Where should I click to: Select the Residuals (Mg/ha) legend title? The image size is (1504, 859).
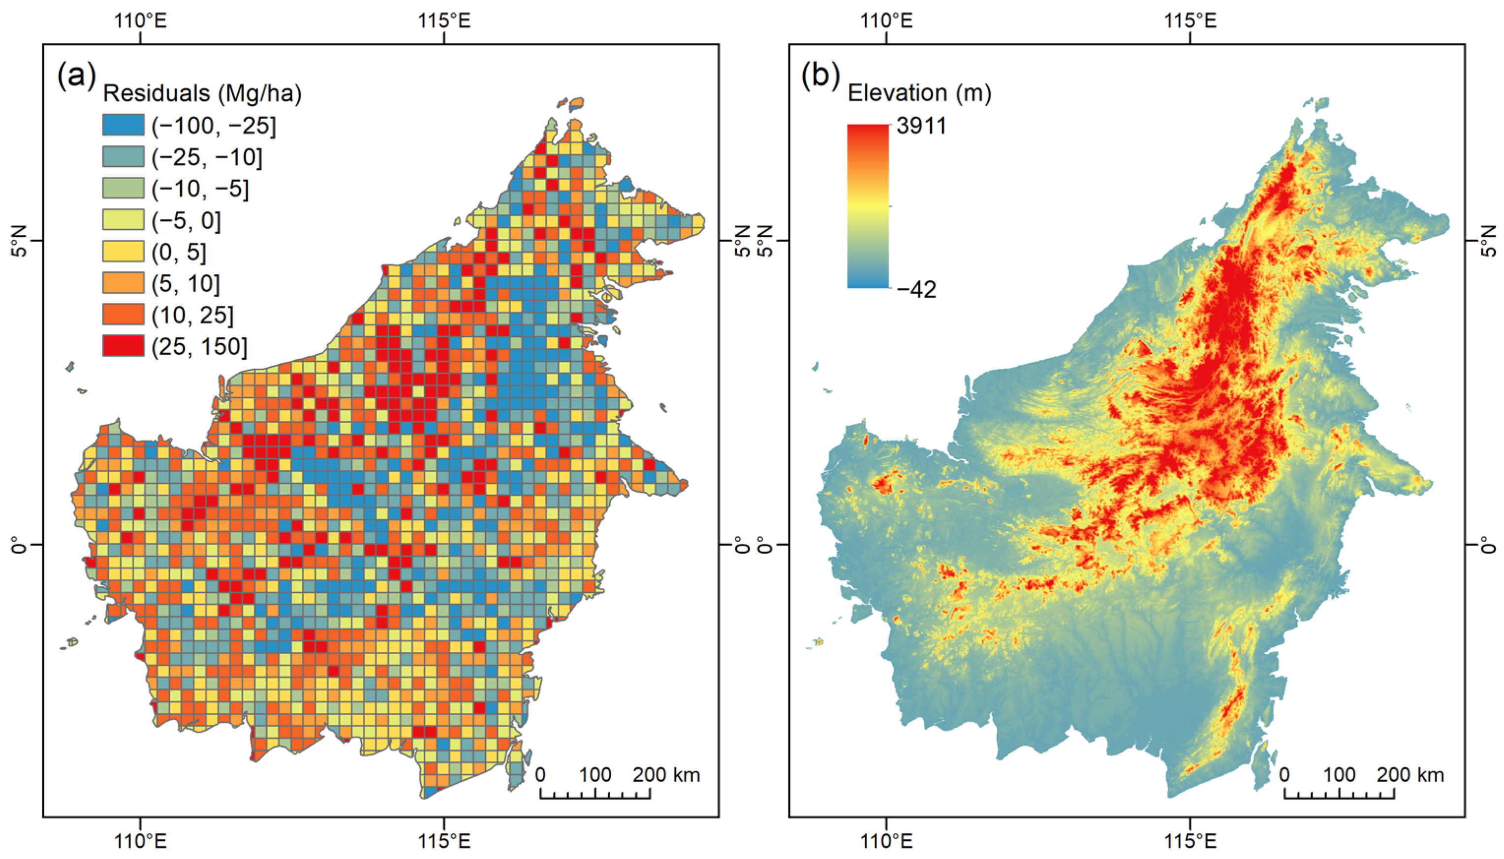point(202,93)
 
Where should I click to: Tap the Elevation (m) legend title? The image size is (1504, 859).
point(919,93)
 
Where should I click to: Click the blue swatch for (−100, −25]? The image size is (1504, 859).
point(123,125)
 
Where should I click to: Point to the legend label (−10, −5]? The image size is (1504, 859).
point(200,189)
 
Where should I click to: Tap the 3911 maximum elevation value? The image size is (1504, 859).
point(921,126)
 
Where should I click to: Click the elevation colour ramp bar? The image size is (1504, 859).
point(868,206)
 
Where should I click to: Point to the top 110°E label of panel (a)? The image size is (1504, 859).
point(140,21)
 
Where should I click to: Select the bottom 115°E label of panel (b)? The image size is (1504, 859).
point(1190,840)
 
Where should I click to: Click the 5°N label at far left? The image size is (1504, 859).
point(20,241)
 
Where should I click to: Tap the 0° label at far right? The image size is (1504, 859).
point(1489,544)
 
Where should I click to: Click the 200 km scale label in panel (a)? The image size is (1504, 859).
point(666,775)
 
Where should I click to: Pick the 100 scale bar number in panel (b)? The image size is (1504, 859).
point(1339,775)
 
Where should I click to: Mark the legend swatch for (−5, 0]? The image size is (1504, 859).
point(123,220)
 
